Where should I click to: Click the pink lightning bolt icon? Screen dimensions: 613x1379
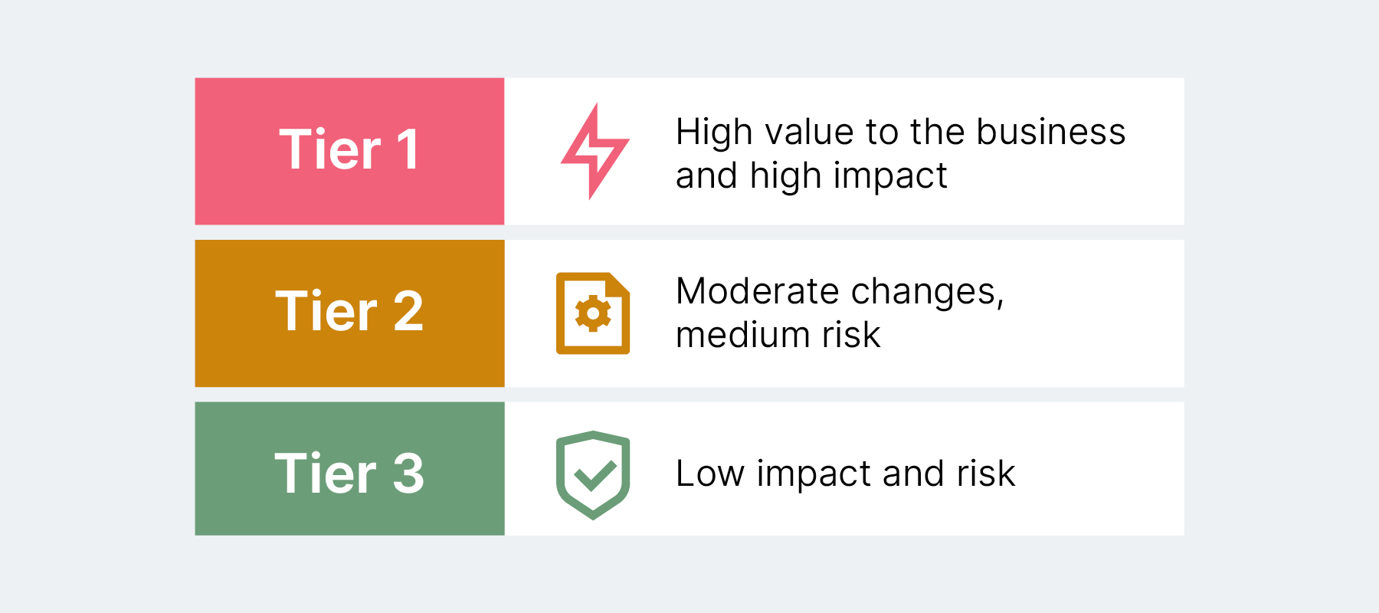tap(595, 151)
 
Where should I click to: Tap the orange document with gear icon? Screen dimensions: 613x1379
tap(593, 313)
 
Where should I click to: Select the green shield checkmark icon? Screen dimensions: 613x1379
tap(593, 474)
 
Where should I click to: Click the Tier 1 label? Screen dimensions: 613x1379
tap(349, 149)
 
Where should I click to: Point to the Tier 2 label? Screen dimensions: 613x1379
tap(349, 312)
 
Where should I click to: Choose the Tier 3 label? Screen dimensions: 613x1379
tap(349, 474)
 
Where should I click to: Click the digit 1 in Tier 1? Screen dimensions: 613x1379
tap(408, 149)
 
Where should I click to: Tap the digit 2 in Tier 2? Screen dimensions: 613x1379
tap(408, 312)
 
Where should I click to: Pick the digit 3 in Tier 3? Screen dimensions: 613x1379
tap(408, 474)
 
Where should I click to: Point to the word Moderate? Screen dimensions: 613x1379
tap(758, 292)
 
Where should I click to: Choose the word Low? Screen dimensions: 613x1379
tap(709, 474)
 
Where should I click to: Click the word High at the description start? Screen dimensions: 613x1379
tap(714, 132)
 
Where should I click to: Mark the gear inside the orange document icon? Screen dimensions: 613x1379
tap(593, 313)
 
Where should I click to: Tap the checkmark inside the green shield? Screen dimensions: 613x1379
tap(595, 475)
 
